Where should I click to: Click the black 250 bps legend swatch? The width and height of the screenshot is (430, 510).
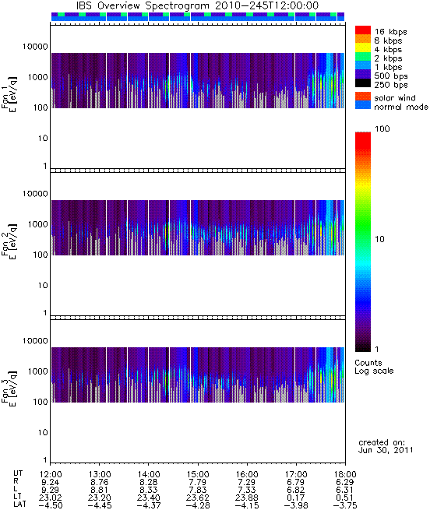click(x=363, y=83)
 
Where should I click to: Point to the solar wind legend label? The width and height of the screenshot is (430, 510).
click(x=394, y=98)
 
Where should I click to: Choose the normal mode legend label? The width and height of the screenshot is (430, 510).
click(x=401, y=107)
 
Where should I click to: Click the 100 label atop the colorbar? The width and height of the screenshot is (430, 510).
click(x=382, y=128)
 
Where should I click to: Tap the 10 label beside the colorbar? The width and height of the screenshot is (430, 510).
click(x=380, y=239)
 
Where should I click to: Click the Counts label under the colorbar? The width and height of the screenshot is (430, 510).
click(x=368, y=363)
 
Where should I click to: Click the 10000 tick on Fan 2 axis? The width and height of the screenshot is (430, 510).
click(x=35, y=194)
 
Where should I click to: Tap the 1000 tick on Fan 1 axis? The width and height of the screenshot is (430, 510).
click(x=37, y=77)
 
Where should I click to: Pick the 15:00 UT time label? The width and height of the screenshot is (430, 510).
click(x=198, y=474)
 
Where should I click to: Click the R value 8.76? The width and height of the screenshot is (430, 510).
click(x=100, y=482)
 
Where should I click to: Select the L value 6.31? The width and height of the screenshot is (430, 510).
click(x=345, y=490)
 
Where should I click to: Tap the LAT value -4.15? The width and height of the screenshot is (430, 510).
click(x=247, y=505)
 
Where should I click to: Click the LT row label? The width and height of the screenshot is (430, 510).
click(x=17, y=498)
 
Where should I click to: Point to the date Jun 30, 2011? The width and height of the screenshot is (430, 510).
click(x=386, y=451)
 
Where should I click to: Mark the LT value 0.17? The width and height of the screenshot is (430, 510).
click(x=296, y=498)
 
